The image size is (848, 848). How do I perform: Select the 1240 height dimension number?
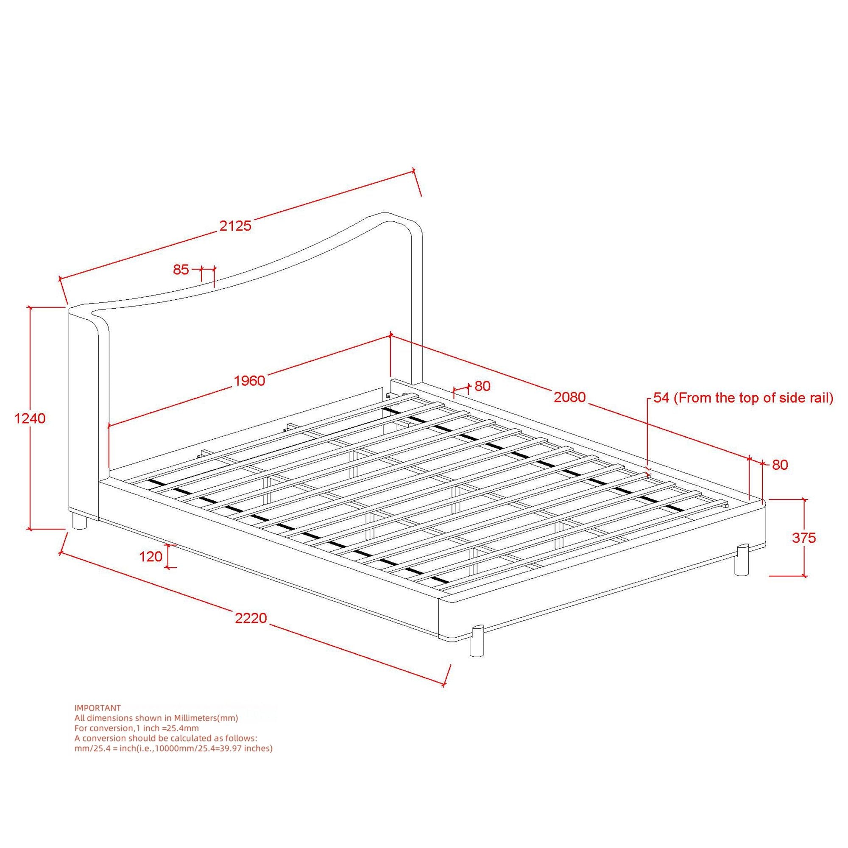(30, 418)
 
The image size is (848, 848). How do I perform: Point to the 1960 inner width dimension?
(249, 381)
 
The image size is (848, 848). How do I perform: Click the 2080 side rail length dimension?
(570, 397)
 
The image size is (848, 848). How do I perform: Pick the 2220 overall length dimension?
(251, 618)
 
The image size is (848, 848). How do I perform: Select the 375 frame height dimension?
(803, 538)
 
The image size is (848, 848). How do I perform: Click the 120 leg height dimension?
(151, 557)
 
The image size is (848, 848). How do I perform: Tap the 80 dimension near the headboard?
(483, 386)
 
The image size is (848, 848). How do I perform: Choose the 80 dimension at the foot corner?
(780, 465)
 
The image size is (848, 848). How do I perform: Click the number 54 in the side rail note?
(661, 398)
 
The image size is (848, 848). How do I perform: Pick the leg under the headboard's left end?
(79, 522)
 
